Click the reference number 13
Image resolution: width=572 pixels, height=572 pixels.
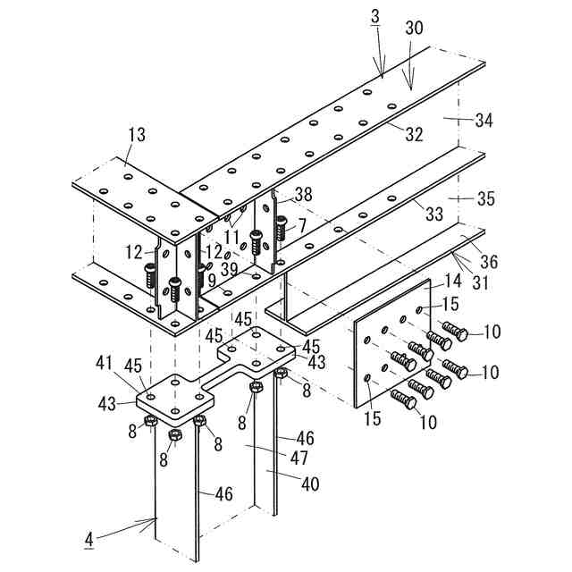[x=136, y=135]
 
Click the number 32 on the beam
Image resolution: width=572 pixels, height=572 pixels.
[x=413, y=135]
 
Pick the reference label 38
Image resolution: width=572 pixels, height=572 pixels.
[x=303, y=194]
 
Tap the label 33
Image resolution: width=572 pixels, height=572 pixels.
[x=433, y=214]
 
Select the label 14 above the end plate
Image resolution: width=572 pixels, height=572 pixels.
[x=452, y=281]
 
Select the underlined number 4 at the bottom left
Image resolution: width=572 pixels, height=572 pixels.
[x=88, y=539]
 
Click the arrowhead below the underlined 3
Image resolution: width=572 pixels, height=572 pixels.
[x=382, y=73]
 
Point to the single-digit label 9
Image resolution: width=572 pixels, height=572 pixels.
[x=212, y=280]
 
